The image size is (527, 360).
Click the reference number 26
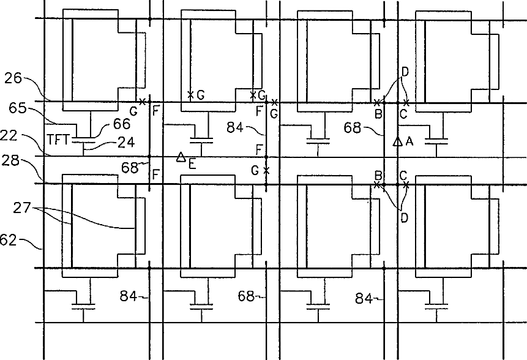(x=13, y=78)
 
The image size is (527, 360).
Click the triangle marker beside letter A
(x=397, y=142)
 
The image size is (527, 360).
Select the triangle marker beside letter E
(x=181, y=157)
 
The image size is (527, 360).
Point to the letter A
(x=410, y=142)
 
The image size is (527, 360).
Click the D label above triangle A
(x=404, y=72)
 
